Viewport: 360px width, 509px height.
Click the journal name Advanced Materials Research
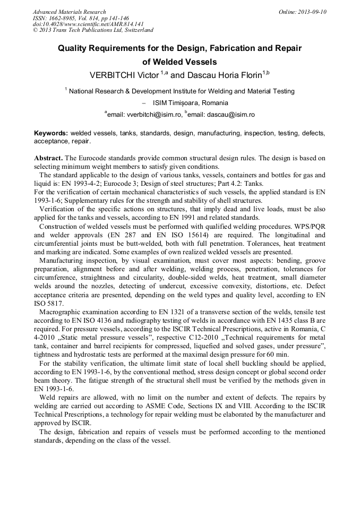[69, 12]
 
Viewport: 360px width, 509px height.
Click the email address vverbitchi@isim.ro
[145, 114]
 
